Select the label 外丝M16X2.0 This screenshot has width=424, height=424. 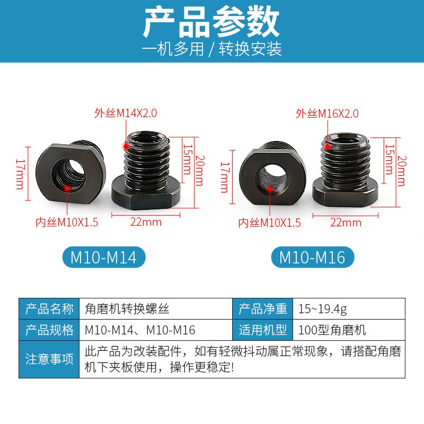tap(327, 113)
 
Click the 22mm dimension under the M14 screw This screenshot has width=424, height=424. tap(146, 222)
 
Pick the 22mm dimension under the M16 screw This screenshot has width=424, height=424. tap(346, 223)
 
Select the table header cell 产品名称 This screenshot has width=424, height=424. tap(49, 308)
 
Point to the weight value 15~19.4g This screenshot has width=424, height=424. tap(323, 308)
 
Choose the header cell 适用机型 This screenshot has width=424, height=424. tap(262, 330)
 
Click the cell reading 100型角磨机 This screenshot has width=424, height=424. tap(332, 330)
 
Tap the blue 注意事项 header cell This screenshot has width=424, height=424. tap(49, 359)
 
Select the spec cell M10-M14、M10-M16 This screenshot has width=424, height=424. tap(140, 330)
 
